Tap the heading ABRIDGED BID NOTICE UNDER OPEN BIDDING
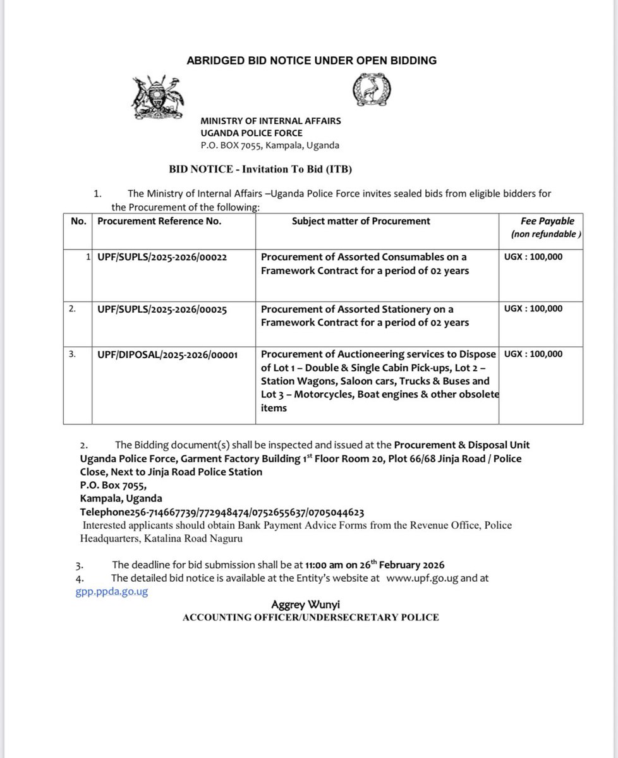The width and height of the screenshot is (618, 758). (312, 61)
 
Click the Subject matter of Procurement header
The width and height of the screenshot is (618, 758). (361, 221)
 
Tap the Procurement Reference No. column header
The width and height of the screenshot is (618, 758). (159, 221)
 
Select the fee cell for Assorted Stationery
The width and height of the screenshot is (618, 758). (533, 309)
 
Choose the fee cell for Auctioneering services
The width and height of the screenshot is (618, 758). (533, 354)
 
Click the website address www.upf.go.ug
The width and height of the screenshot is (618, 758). (421, 578)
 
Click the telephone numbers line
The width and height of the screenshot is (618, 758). (222, 512)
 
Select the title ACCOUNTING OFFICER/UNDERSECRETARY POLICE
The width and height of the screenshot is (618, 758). (310, 617)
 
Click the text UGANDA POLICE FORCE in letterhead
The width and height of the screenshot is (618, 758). (251, 133)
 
